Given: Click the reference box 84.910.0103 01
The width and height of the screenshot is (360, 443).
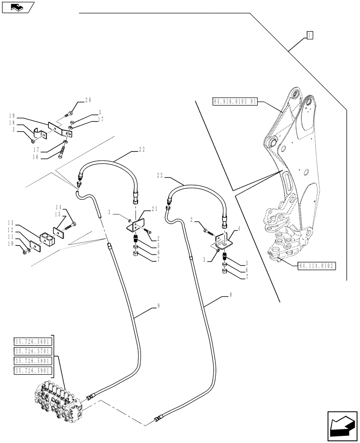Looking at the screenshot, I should [x=235, y=101].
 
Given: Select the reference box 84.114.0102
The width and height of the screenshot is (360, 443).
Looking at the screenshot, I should [x=314, y=266].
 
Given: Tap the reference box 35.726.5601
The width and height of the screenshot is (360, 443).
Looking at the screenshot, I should [x=34, y=342].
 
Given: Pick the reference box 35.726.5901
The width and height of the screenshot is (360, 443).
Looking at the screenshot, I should [x=34, y=371].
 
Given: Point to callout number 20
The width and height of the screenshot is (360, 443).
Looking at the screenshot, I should [x=88, y=101].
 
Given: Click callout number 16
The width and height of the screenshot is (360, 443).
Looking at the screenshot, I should [x=35, y=157].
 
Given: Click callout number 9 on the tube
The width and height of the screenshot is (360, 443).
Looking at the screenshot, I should [x=146, y=306].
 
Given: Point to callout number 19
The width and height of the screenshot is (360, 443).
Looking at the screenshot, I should [x=11, y=116].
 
